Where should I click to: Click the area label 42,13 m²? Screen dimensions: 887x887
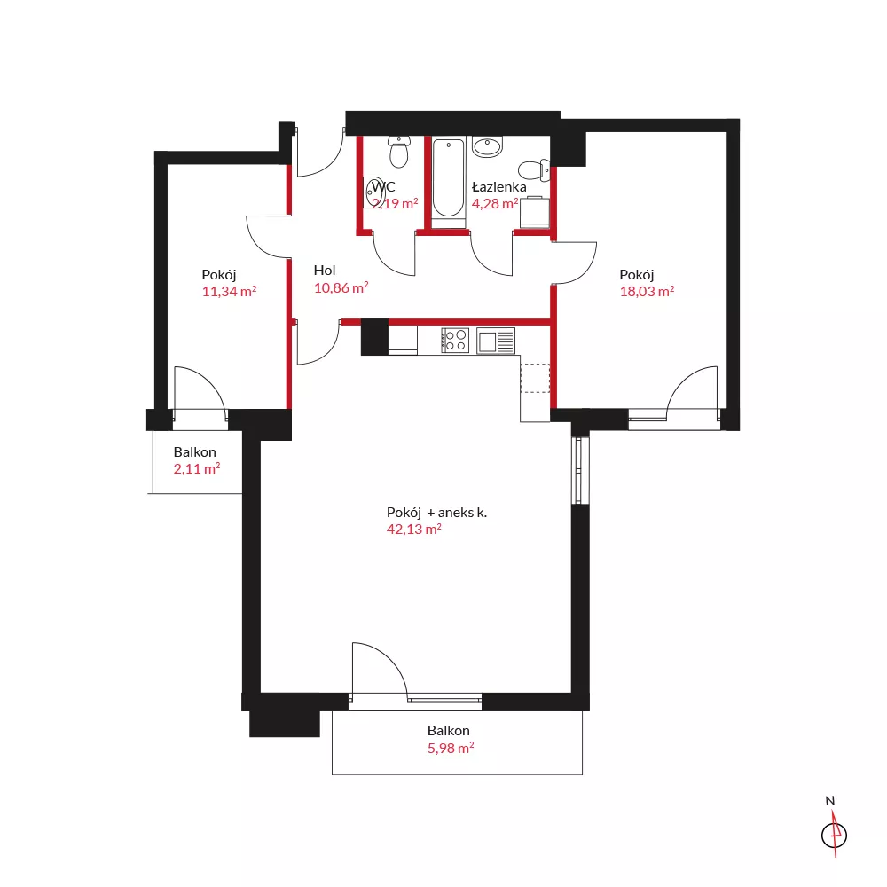413,530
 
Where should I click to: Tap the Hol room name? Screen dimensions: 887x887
325,271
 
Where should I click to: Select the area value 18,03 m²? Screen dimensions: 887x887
647,291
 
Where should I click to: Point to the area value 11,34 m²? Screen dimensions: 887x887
229,292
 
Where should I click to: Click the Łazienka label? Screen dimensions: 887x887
498,186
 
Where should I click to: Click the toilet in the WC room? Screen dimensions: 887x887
399,152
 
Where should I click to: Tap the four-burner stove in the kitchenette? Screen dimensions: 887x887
455,341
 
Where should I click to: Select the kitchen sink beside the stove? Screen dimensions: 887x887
496,341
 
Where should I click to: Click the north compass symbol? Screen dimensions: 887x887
834,835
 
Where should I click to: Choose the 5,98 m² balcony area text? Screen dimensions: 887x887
451,748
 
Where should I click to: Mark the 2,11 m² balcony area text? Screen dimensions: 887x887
196,469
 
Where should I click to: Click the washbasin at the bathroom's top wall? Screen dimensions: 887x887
487,146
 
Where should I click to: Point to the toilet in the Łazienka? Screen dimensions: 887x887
534,169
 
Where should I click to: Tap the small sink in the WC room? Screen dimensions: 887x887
374,192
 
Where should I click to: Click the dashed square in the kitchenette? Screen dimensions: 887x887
535,378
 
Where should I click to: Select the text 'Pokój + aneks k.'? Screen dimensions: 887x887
436,513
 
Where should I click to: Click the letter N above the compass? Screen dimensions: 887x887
830,801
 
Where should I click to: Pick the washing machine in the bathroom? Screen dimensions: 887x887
535,212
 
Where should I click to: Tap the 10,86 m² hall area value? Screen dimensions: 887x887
341,288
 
